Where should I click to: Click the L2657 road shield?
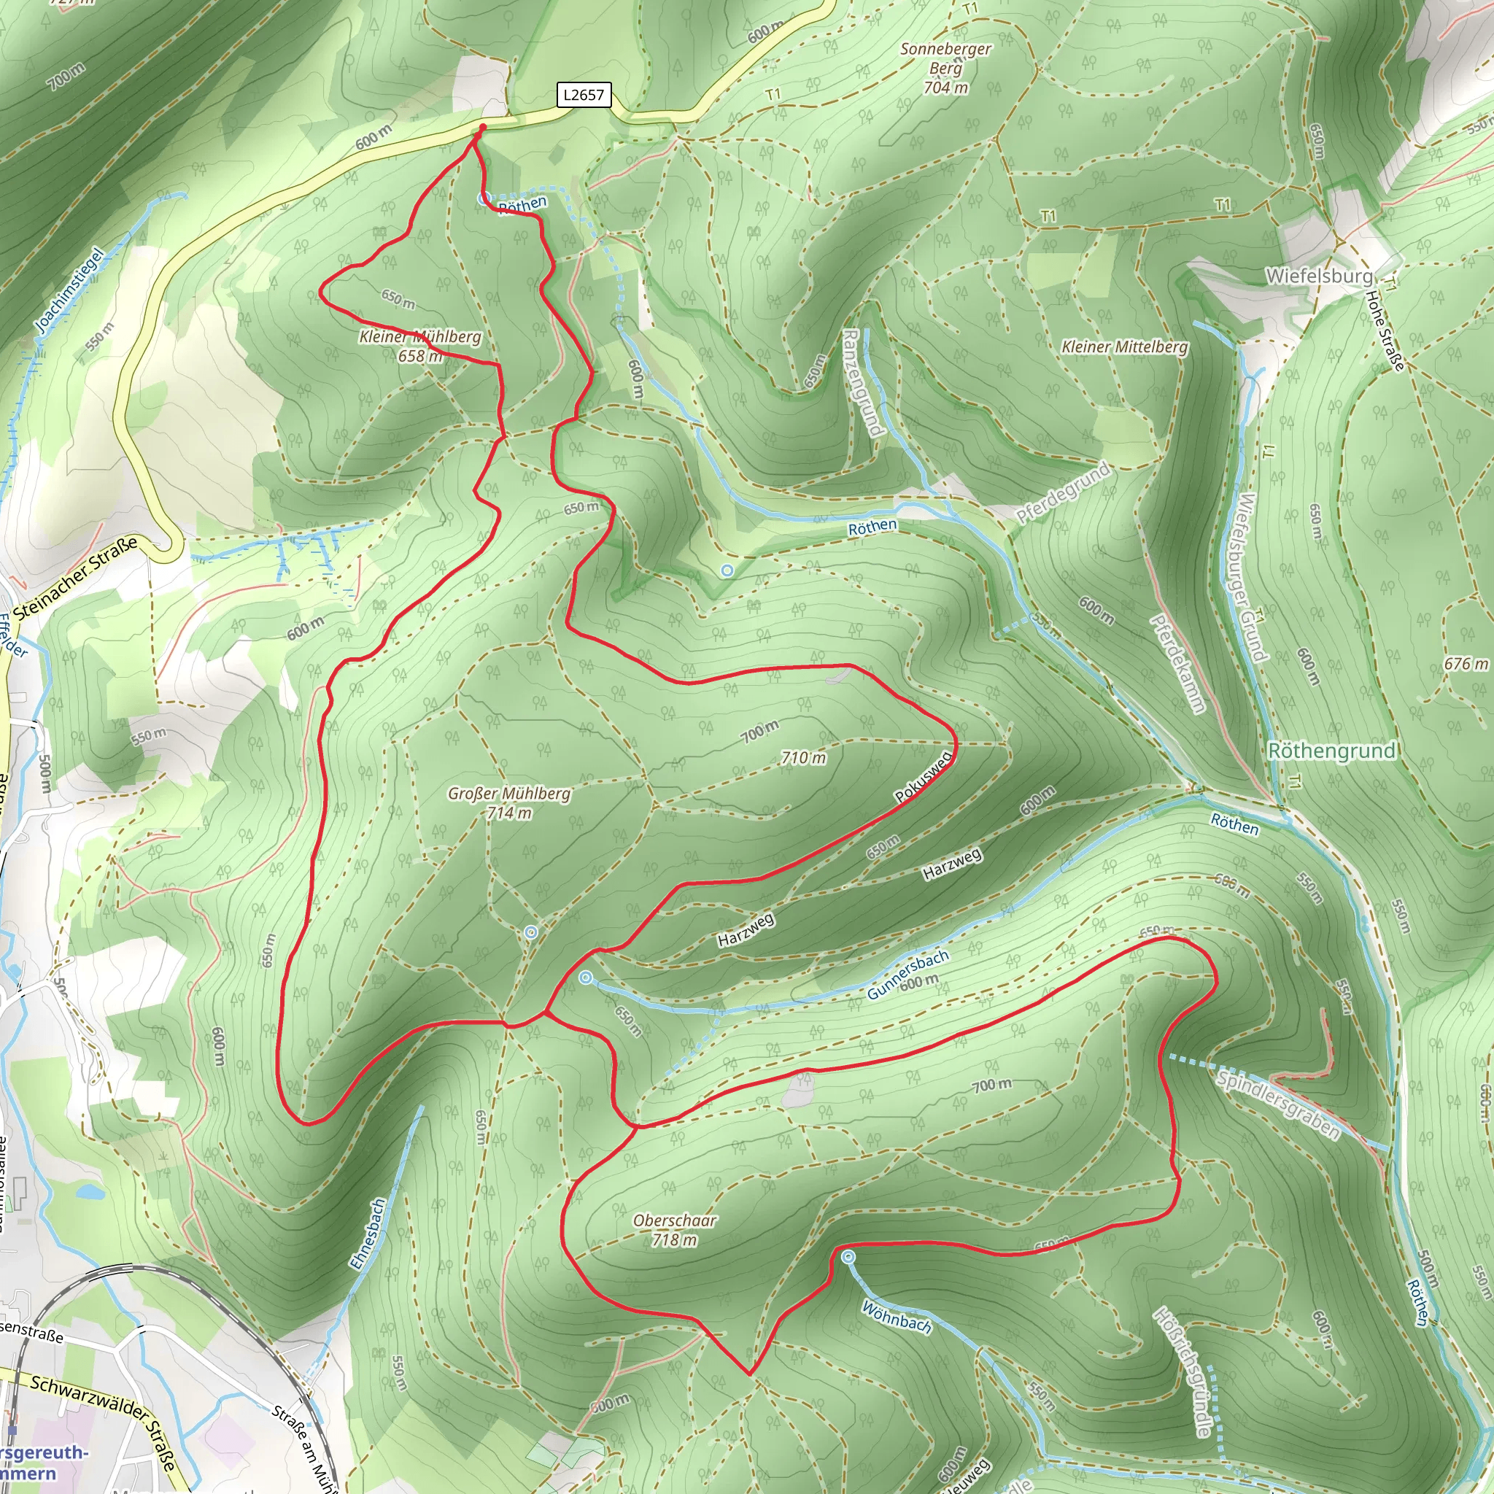584,95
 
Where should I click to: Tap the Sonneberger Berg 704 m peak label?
945,69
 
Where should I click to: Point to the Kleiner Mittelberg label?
1124,347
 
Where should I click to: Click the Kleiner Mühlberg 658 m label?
420,346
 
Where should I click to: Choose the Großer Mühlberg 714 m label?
509,802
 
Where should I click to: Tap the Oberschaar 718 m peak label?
674,1229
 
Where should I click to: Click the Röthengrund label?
1331,750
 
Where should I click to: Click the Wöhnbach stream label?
897,1316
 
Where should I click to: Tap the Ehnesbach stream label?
368,1234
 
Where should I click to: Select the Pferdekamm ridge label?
1177,664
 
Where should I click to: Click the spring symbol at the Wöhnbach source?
848,1257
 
